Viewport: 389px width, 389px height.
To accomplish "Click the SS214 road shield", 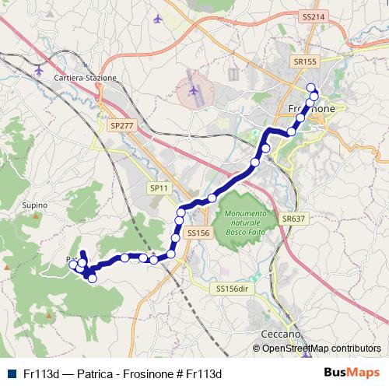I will point(312,16).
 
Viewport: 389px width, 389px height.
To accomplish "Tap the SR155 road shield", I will point(306,61).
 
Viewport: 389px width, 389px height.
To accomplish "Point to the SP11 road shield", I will point(159,187).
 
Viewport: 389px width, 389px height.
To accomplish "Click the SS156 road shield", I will point(199,232).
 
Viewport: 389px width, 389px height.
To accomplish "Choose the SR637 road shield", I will point(293,219).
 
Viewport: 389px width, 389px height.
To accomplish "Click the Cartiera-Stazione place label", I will point(85,79).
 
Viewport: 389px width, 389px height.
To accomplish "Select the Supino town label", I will point(35,205).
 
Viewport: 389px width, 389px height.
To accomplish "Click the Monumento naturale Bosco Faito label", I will point(246,219).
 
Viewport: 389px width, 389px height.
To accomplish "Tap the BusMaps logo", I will point(352,373).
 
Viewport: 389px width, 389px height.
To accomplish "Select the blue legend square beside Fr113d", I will point(11,373).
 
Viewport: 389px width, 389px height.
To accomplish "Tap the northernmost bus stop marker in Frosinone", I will point(311,88).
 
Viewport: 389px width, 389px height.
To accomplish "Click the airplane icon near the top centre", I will point(159,18).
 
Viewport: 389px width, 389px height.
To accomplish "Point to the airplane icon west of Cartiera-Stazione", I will point(40,70).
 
